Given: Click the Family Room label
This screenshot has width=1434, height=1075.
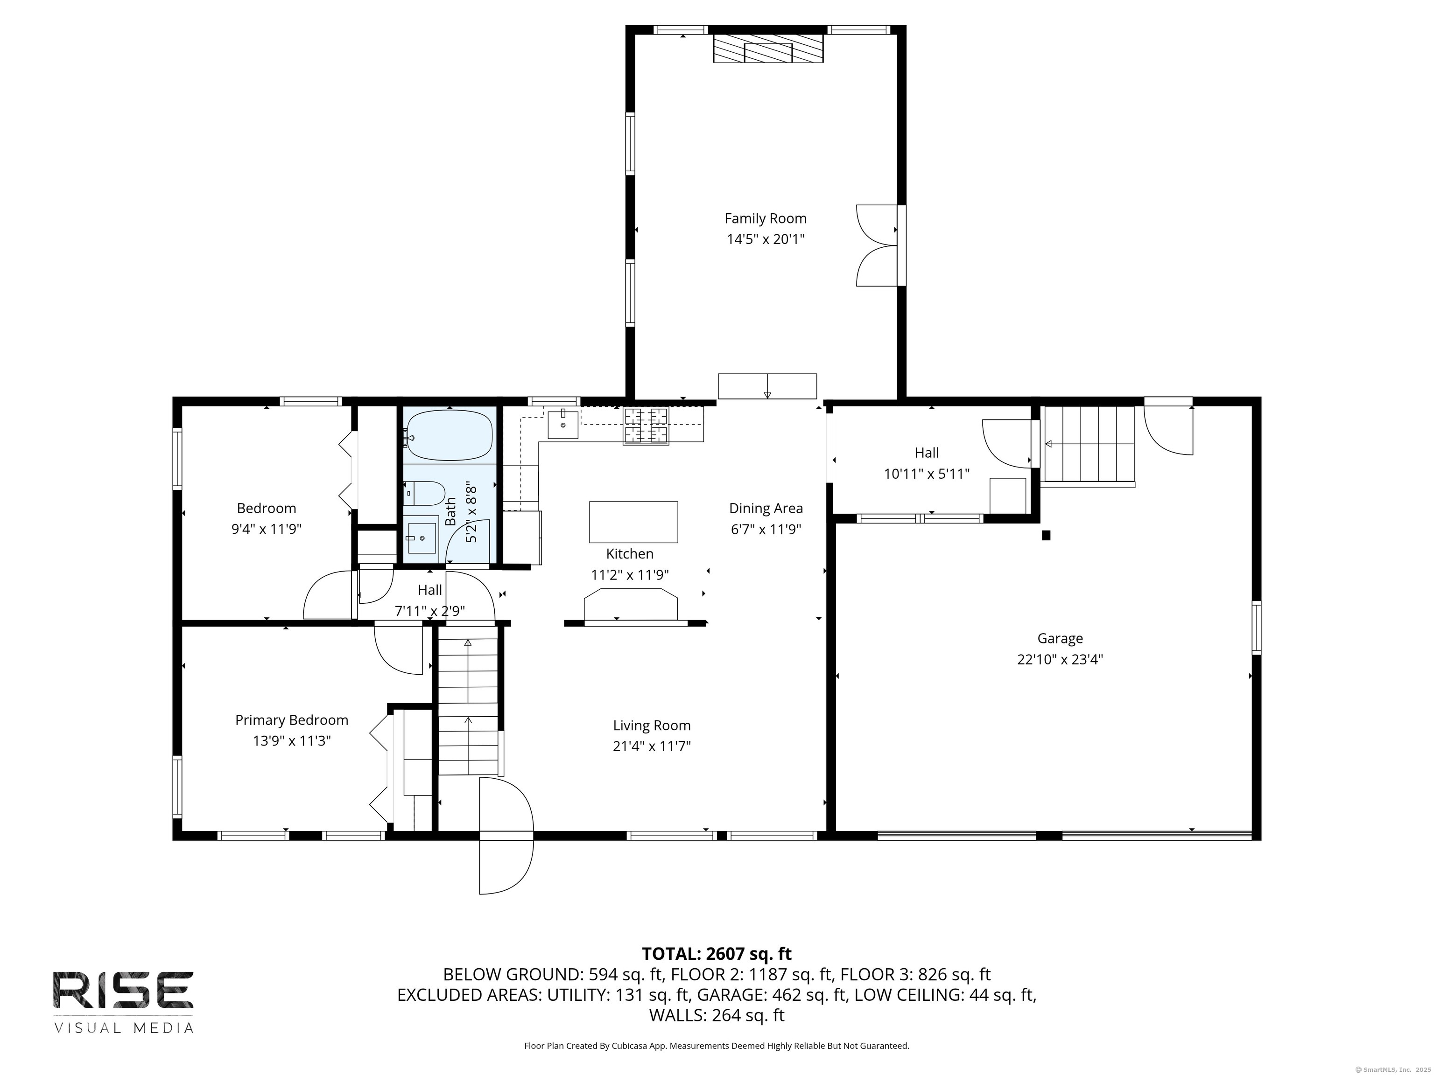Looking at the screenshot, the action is click(765, 218).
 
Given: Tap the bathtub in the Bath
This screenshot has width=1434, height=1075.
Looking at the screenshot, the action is click(449, 435).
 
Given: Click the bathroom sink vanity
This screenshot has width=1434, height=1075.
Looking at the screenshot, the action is click(422, 535).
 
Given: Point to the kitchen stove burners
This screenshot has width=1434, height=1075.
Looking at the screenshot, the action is click(646, 425).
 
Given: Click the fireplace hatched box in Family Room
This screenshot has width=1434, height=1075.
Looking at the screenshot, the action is click(768, 49).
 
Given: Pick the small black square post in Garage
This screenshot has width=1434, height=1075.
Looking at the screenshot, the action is click(1045, 535).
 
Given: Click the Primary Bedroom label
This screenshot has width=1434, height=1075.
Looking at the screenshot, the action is click(291, 720).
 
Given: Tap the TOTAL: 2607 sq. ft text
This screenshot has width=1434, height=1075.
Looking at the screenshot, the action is click(717, 954).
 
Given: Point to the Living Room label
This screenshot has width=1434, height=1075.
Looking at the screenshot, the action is click(652, 726).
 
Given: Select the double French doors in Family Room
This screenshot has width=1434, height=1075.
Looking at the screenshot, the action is click(877, 245).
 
